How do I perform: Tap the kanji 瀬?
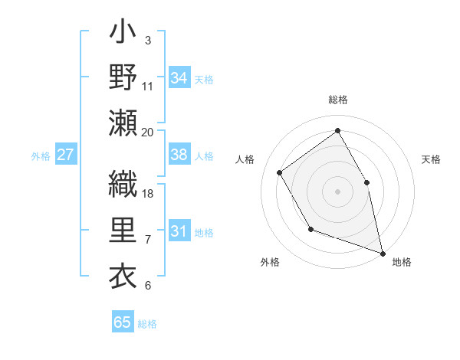coord(123,123)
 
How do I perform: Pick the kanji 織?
coord(123,183)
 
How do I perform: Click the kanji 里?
coord(123,231)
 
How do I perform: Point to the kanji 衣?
coord(123,274)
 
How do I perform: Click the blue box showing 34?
coord(179,77)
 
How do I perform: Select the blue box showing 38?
coord(179,155)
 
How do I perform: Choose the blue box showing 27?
coord(66,155)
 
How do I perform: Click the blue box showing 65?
coord(123,322)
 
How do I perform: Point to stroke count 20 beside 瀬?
coord(148,132)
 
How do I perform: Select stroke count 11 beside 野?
coord(148,87)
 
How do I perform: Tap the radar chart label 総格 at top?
coord(338,100)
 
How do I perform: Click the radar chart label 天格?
coord(431,159)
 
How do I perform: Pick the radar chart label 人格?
coord(245,159)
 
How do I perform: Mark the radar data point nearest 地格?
coord(383,253)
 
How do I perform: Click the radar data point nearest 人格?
coord(280,172)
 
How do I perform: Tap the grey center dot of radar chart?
coord(338,191)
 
